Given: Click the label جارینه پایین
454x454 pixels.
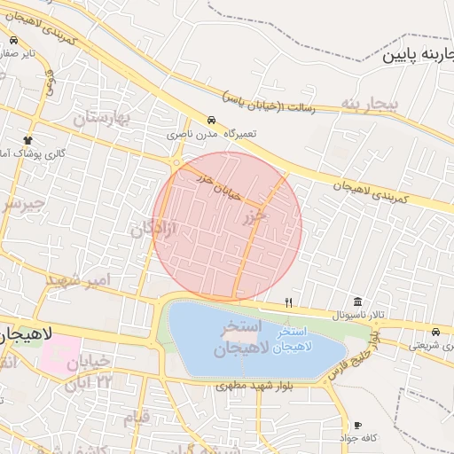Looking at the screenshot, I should coord(417,55).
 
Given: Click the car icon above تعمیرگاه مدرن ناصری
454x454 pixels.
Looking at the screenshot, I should coord(211,120).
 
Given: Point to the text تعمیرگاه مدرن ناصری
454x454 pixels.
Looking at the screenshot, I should coord(206,134).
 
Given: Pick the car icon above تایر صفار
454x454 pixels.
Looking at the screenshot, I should coord(14,41).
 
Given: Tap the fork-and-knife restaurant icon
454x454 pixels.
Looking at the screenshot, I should coord(288,303).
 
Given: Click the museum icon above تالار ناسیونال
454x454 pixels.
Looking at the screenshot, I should coord(357,301).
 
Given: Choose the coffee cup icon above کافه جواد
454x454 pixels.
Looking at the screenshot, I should coord(358,426).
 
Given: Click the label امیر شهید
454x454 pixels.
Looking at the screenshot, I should coord(80,280).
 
